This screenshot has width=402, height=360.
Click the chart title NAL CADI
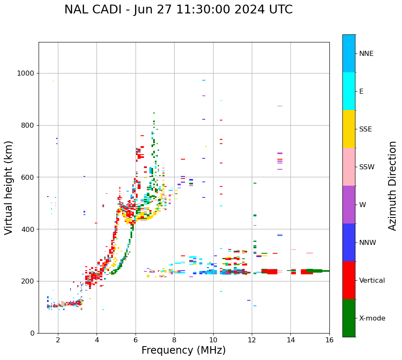coord(178,10)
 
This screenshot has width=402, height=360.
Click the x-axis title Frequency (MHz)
coord(183,350)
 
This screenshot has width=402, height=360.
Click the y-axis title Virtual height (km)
coord(9,188)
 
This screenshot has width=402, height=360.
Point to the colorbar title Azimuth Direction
coord(392,186)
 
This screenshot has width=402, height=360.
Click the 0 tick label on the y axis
coord(32,333)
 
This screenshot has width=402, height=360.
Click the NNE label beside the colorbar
coord(366,54)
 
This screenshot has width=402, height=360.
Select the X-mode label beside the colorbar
coord(372,318)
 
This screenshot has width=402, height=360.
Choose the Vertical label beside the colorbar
coord(372,281)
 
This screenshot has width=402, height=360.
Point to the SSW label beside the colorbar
coord(367,167)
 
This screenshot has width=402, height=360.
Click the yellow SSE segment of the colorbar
coord(349,129)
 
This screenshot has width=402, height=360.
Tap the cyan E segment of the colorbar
coord(349,91)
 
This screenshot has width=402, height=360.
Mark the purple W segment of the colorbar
coord(349,205)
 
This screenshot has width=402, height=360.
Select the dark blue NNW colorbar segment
coord(349,242)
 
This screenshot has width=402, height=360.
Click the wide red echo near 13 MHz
coord(271,271)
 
